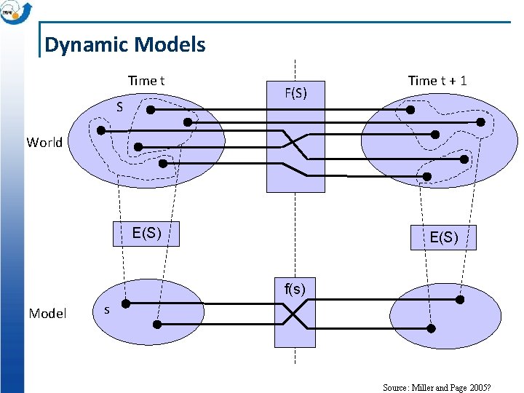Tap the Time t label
click(x=146, y=81)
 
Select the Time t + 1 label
click(x=437, y=81)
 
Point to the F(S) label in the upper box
click(x=295, y=93)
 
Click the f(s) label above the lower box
click(x=295, y=289)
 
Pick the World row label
click(x=44, y=142)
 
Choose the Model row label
click(x=47, y=314)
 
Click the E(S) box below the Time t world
click(x=146, y=234)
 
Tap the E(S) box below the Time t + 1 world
click(x=444, y=237)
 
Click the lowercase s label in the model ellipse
click(x=107, y=310)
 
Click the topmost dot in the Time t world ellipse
click(x=151, y=110)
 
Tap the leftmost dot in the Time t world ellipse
click(x=101, y=131)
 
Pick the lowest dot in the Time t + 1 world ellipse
click(x=427, y=177)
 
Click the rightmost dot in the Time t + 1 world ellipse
click(x=481, y=122)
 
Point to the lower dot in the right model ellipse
click(x=431, y=329)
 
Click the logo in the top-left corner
click(x=16, y=12)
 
